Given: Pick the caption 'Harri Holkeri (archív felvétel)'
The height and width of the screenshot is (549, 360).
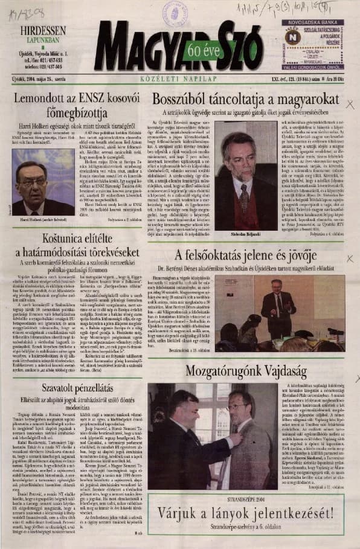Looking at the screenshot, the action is [41, 219].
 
